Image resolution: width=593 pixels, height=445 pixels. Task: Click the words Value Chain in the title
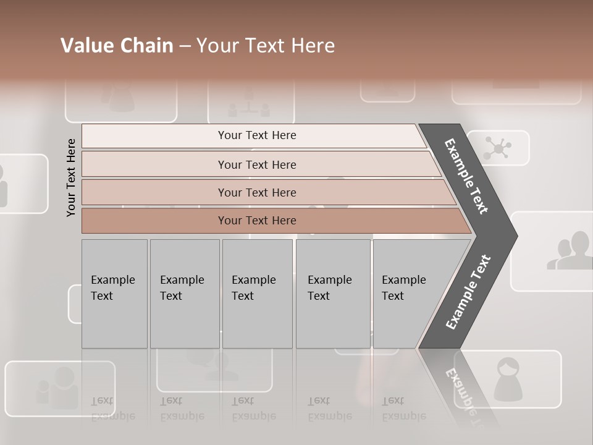117,46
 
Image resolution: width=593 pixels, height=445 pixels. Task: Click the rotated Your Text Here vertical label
71,177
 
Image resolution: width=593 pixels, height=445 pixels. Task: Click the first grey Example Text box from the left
114,294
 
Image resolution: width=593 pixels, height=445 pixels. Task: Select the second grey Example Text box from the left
185,294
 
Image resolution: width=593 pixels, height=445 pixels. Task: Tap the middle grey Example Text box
257,294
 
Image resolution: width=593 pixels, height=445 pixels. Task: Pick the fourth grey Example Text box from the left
333,294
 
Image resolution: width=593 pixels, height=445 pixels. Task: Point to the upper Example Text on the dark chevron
466,176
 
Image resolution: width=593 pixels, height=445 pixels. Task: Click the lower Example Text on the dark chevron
468,292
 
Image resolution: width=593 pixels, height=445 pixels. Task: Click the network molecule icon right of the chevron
497,148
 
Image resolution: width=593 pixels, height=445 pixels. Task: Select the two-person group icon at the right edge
570,251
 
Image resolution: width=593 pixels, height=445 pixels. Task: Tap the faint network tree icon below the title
249,103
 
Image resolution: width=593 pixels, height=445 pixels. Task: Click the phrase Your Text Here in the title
266,46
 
